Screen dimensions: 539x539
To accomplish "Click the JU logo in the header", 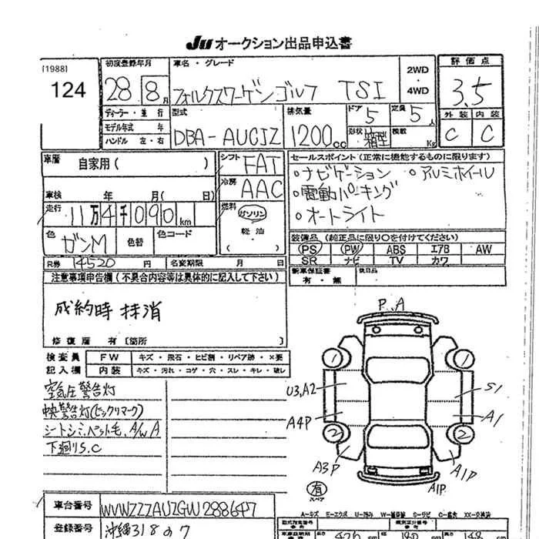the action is coord(196,43).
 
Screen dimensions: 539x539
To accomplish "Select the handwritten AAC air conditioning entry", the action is coord(262,188).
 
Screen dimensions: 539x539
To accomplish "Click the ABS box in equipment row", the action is coord(396,249).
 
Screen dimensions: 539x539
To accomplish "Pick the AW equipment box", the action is coord(483,249).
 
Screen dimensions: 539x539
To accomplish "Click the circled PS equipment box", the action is coord(310,249).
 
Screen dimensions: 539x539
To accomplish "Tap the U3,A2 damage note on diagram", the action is coord(303,392).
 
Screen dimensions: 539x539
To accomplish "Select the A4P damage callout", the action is coord(301,421).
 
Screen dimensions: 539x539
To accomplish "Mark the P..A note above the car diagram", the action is coord(392,306).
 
